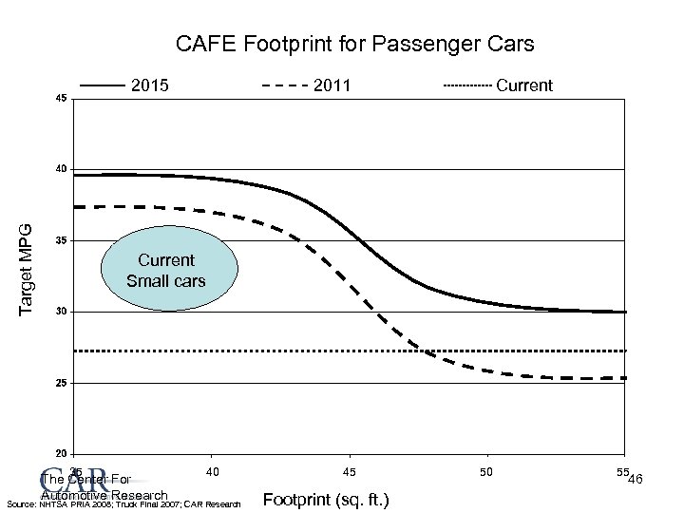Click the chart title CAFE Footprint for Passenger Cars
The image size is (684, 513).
pyautogui.click(x=355, y=44)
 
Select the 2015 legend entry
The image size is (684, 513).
pyautogui.click(x=149, y=85)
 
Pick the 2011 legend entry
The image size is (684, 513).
pyautogui.click(x=332, y=85)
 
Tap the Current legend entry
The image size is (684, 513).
pyautogui.click(x=523, y=85)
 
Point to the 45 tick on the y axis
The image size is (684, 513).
pyautogui.click(x=61, y=99)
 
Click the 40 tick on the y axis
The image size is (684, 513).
pyautogui.click(x=61, y=169)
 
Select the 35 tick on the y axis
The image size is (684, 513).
pyautogui.click(x=61, y=240)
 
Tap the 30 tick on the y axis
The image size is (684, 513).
pyautogui.click(x=61, y=312)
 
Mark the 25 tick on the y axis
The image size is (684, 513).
pyautogui.click(x=61, y=383)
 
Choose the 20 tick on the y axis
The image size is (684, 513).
pyautogui.click(x=61, y=453)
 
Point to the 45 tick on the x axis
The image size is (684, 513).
pyautogui.click(x=350, y=472)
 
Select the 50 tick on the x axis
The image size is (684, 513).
pyautogui.click(x=486, y=472)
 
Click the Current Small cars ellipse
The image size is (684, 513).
pyautogui.click(x=166, y=270)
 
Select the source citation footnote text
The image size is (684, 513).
pyautogui.click(x=123, y=503)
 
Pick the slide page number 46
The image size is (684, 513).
pyautogui.click(x=636, y=480)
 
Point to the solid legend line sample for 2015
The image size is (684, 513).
pyautogui.click(x=103, y=85)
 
